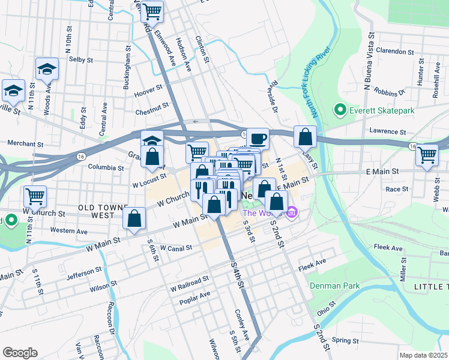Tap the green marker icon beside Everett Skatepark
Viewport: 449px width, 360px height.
(x=340, y=110)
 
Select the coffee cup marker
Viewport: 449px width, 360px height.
(x=258, y=139)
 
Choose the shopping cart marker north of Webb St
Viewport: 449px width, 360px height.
(x=427, y=154)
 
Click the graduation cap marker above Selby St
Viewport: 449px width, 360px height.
(x=47, y=69)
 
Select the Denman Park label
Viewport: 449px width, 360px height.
(x=335, y=286)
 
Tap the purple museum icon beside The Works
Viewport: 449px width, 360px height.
(x=292, y=212)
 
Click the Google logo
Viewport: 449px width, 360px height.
(x=20, y=353)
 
